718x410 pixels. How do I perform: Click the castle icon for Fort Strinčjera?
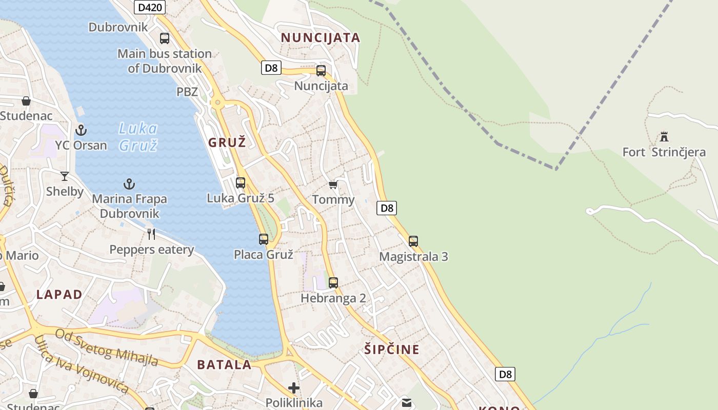tap(664, 137)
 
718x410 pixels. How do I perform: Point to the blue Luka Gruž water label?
tap(138, 137)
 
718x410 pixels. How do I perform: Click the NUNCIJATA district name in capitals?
tap(321, 37)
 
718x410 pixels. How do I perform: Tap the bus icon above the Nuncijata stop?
tap(321, 71)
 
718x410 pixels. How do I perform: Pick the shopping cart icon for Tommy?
tap(333, 184)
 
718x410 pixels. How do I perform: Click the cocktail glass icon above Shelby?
tap(65, 176)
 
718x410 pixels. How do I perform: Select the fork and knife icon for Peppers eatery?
tap(151, 234)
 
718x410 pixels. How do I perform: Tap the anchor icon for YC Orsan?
tap(81, 130)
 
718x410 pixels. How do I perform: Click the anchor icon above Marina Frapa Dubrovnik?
tap(129, 183)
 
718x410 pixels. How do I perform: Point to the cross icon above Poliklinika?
tap(293, 387)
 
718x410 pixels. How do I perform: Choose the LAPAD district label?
tap(59, 294)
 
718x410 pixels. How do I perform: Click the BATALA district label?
tap(224, 365)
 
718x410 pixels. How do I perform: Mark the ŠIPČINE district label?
tap(392, 350)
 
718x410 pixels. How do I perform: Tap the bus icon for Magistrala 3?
tap(413, 241)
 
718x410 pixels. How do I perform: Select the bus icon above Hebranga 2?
tap(333, 282)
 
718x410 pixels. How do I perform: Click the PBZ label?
tap(187, 92)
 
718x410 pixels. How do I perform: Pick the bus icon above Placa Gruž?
tap(264, 239)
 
